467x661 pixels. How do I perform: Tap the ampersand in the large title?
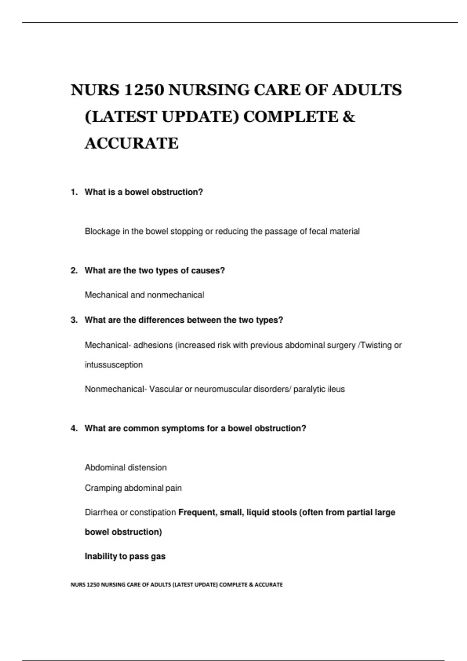pos(349,117)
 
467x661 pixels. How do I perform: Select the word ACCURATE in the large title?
pos(132,143)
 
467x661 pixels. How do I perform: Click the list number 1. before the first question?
pos(74,192)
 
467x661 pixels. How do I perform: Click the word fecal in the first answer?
pos(318,232)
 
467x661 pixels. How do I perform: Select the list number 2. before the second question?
pos(74,271)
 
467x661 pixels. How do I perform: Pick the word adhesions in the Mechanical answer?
pos(153,345)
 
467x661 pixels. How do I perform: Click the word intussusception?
pos(114,365)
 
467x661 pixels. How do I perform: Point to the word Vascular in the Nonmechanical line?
pos(166,390)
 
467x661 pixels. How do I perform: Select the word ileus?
pos(336,390)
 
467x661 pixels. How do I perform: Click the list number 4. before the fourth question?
pos(74,428)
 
